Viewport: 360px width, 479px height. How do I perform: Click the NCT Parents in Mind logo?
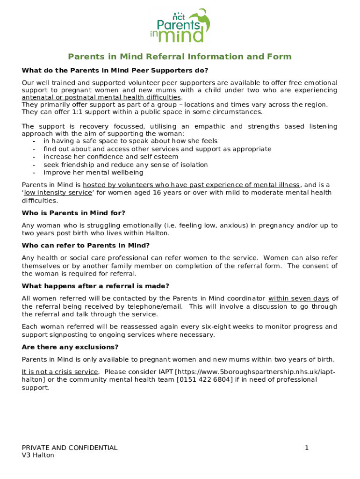pyautogui.click(x=180, y=26)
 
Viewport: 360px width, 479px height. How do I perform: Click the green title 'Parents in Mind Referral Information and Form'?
pyautogui.click(x=180, y=57)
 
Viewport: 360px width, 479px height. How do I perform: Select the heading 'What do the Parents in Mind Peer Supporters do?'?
pyautogui.click(x=115, y=71)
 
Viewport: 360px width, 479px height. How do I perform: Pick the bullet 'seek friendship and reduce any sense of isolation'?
pyautogui.click(x=126, y=165)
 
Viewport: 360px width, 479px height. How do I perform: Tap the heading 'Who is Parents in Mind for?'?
pyautogui.click(x=73, y=213)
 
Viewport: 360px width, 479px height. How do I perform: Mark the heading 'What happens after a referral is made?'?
pyautogui.click(x=95, y=286)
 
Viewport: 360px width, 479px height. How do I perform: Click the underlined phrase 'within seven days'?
pyautogui.click(x=299, y=298)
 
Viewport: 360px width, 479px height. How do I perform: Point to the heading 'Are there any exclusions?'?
pyautogui.click(x=70, y=347)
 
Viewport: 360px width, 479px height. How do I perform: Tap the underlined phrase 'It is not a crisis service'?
pyautogui.click(x=60, y=372)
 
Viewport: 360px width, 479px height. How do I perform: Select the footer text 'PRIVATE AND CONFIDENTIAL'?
pyautogui.click(x=70, y=448)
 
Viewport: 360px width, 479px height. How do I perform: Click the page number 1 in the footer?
pyautogui.click(x=307, y=448)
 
